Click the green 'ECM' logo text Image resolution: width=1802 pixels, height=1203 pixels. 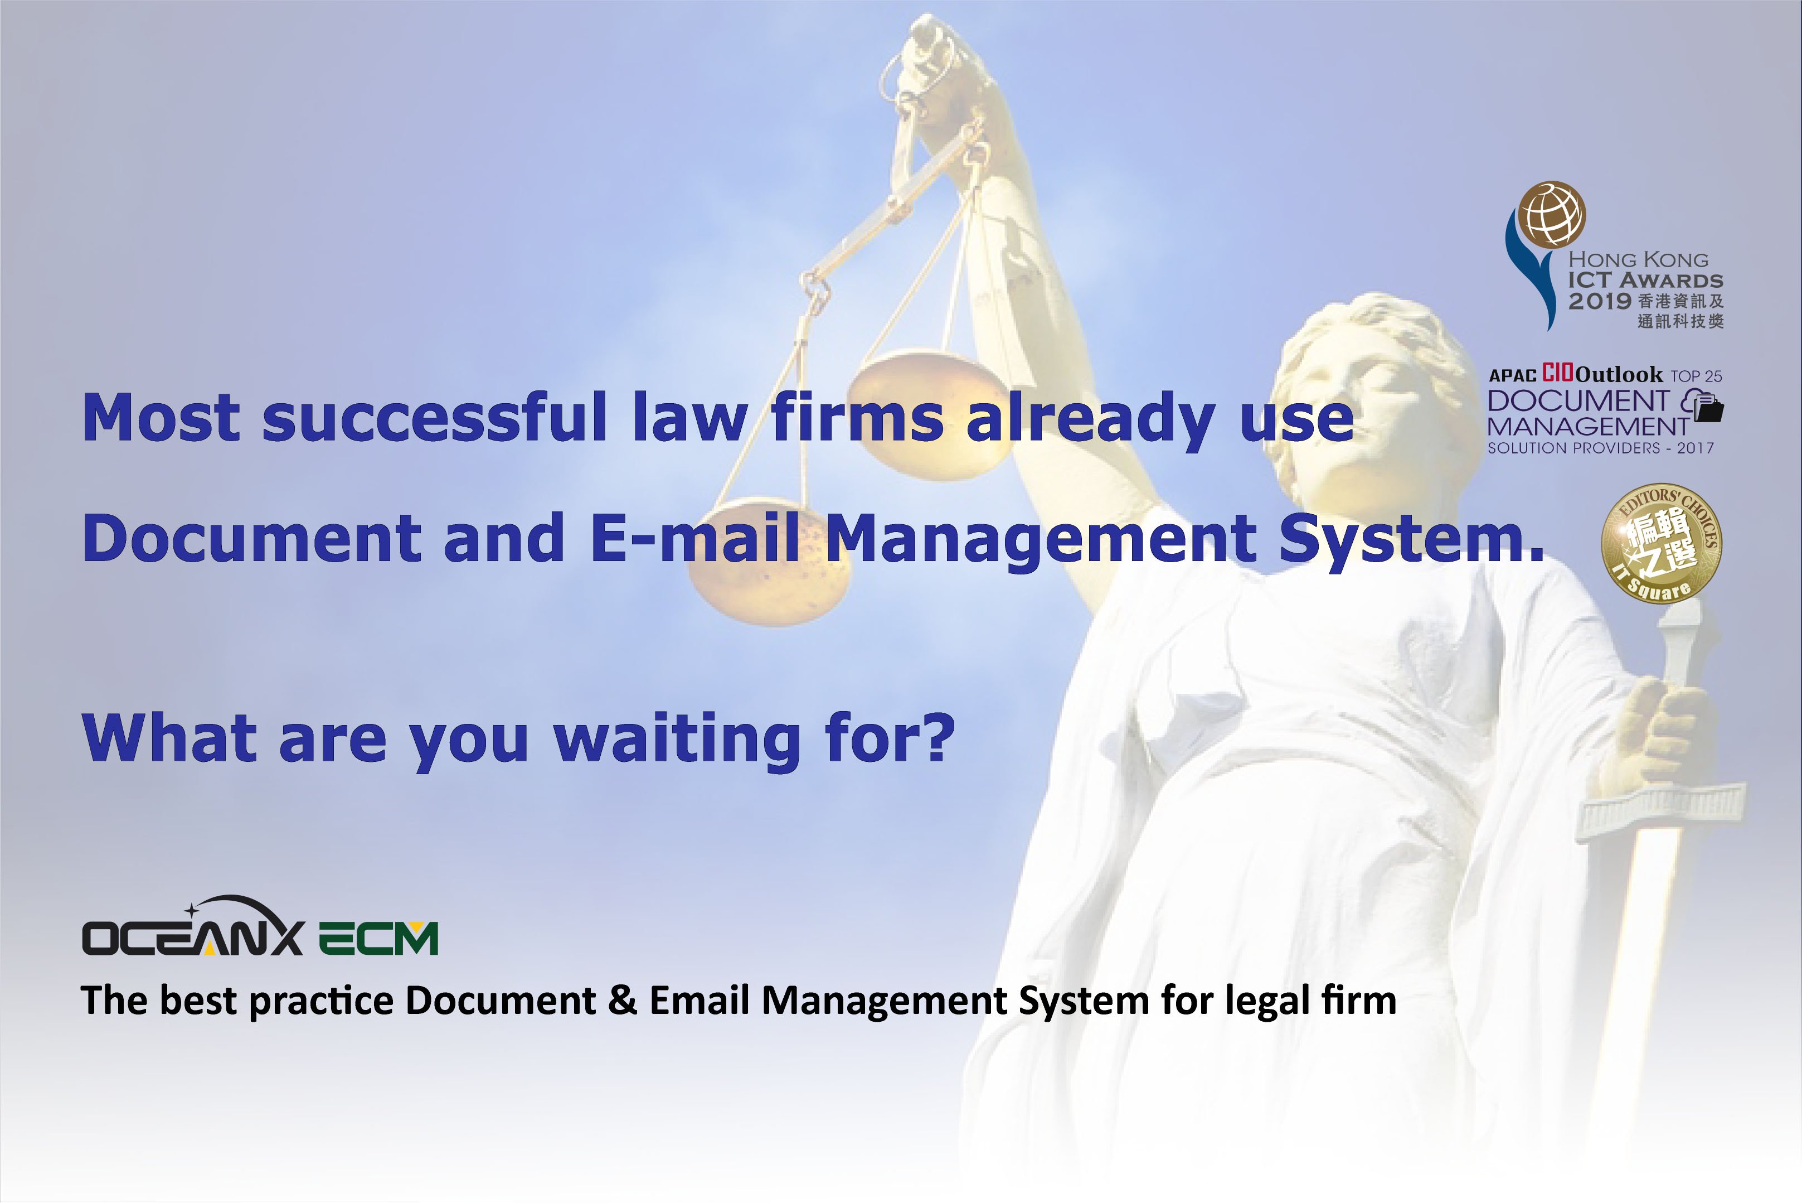[x=378, y=938]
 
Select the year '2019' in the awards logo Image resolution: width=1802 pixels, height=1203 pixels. [x=1600, y=301]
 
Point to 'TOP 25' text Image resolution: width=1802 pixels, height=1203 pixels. [x=1696, y=376]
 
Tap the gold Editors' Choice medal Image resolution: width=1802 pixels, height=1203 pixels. [x=1662, y=543]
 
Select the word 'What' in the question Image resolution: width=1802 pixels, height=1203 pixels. [x=169, y=737]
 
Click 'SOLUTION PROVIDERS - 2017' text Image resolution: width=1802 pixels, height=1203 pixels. [x=1600, y=447]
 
